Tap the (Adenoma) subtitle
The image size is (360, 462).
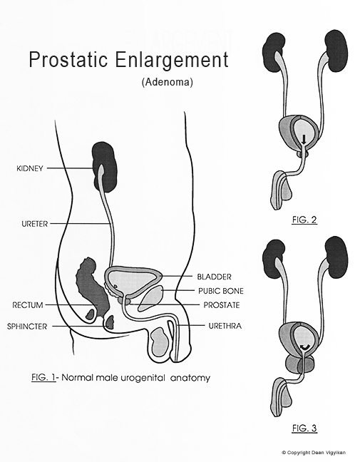[x=162, y=82]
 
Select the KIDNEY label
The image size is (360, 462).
[x=29, y=169]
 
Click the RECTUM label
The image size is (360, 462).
[x=28, y=305]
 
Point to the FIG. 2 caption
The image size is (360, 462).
[x=304, y=220]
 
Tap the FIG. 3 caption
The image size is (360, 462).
[x=304, y=428]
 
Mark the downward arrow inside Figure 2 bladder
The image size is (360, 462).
[x=303, y=139]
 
